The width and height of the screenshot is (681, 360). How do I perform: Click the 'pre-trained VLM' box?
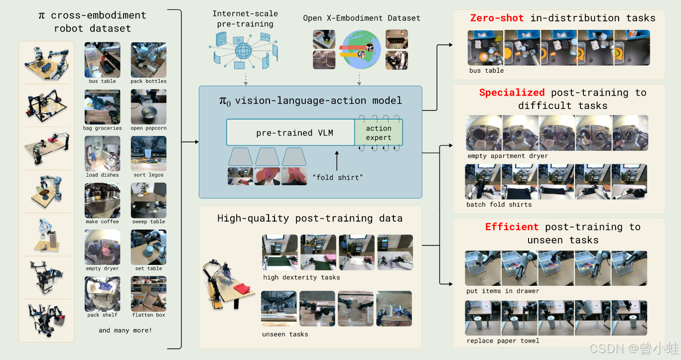coord(290,132)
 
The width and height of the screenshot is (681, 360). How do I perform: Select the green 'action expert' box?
coord(379,132)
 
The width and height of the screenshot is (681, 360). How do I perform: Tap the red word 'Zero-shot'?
coord(497,18)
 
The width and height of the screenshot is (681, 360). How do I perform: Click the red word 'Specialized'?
coord(512,93)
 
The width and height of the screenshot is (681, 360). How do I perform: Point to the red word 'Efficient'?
coord(512,227)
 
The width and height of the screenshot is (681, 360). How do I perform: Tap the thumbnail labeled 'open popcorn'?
coord(148,107)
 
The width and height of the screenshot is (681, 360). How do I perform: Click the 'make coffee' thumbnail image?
coord(102,200)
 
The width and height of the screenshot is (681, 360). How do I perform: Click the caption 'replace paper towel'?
coord(503,341)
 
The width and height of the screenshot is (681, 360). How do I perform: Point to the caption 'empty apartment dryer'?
coord(507,156)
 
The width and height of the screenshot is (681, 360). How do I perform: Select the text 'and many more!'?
coord(125,330)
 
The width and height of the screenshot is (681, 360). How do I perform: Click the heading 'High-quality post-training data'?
coord(310,218)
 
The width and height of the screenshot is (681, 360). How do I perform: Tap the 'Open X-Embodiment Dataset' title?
coord(362,18)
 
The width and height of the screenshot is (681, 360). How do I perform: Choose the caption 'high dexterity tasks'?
coord(301,277)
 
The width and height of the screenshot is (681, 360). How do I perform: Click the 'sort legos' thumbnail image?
coord(148,153)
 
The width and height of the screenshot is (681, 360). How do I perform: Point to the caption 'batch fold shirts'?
coord(499,204)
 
